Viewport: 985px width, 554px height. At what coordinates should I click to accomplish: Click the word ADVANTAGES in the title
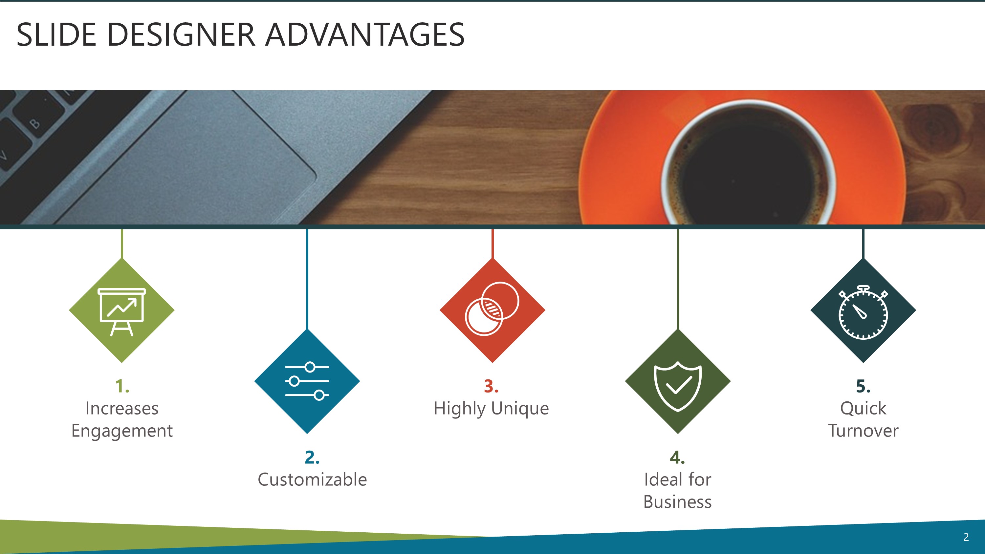pos(365,35)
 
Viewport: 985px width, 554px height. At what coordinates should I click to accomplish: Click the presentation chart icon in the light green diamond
pos(121,311)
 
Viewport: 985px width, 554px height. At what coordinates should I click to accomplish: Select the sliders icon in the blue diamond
pos(307,381)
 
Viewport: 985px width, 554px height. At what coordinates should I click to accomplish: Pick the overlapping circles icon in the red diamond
pos(492,309)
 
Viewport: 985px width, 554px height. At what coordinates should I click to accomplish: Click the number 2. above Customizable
pos(312,457)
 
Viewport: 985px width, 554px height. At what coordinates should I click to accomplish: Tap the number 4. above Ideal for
pos(677,457)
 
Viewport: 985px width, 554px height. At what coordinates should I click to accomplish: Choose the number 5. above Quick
pos(863,386)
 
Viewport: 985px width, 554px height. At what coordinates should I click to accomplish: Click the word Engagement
pos(122,431)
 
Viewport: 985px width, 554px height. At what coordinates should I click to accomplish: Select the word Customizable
pos(312,479)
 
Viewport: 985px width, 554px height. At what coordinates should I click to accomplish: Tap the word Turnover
pos(863,431)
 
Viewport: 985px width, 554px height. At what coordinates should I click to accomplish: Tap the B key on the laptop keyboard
pos(35,123)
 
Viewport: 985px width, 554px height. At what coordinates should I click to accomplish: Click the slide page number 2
pos(966,537)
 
